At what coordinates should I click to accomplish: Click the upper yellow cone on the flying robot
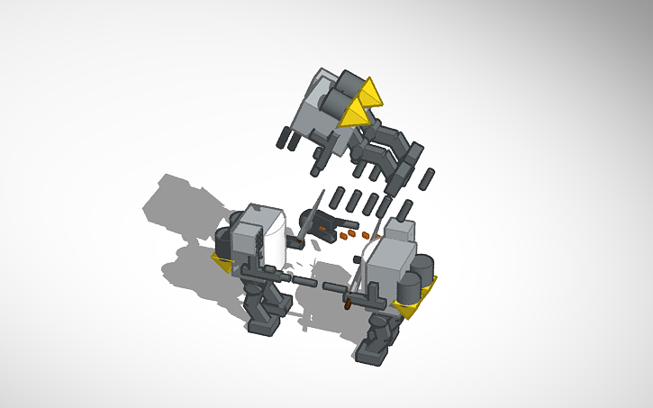pos(369,91)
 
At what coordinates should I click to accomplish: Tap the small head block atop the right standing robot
pos(403,230)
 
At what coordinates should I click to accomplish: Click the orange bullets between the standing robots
pos(348,235)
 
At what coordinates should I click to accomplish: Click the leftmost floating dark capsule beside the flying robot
pos(281,138)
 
